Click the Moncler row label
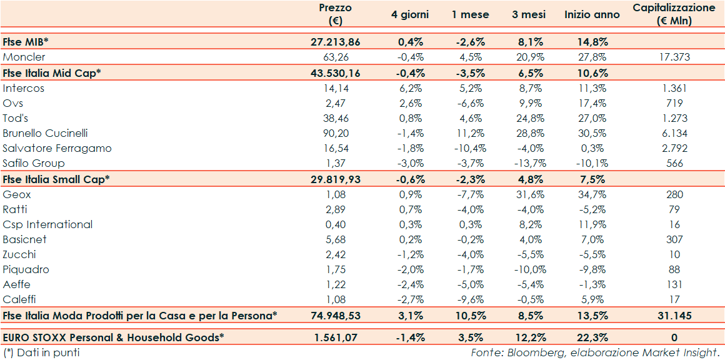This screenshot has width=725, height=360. (x=24, y=57)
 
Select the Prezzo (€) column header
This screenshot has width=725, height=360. (x=335, y=14)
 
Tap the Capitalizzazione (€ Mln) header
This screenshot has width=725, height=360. (x=673, y=14)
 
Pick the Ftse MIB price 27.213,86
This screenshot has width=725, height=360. (x=335, y=42)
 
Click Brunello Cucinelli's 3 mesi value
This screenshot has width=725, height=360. (x=528, y=133)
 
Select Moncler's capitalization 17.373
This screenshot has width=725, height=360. (x=673, y=57)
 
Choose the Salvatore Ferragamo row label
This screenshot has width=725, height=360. (x=57, y=148)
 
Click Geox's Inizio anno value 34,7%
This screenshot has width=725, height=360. (x=592, y=194)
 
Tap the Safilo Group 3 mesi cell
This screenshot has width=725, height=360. (x=528, y=163)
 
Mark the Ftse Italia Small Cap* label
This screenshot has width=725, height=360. (x=56, y=179)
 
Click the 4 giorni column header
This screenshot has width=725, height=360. (x=411, y=14)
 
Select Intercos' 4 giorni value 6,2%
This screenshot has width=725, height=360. (x=411, y=88)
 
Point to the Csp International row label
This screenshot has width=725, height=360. (x=47, y=224)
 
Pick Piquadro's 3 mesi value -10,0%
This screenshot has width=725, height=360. (x=528, y=269)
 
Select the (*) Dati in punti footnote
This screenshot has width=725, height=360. (x=41, y=352)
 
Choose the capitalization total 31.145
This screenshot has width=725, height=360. (x=673, y=316)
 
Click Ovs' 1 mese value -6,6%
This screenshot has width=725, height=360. (x=469, y=103)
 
